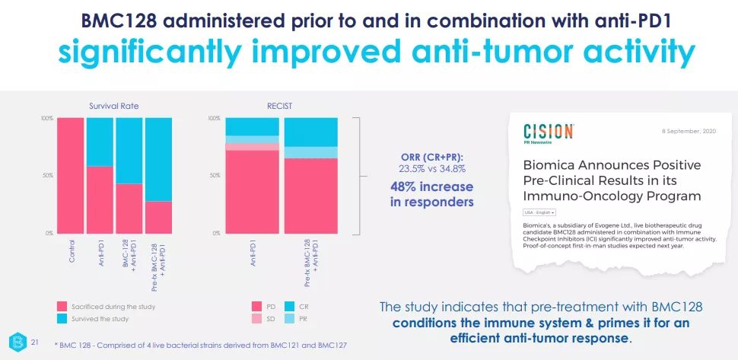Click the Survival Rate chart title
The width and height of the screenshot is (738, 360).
113,107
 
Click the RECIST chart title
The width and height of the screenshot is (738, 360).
279,107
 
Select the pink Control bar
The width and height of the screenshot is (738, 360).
70,175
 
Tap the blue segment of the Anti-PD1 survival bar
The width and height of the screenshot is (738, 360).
99,142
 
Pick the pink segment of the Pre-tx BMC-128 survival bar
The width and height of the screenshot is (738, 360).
158,217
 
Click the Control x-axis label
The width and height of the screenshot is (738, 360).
72,252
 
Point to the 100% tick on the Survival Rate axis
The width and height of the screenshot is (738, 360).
46,119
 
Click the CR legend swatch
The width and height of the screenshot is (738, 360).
290,306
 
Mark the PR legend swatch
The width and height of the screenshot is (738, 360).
290,318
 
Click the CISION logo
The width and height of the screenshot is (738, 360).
549,132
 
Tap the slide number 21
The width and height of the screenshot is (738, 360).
33,343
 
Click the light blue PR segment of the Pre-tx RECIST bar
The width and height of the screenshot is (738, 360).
310,152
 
